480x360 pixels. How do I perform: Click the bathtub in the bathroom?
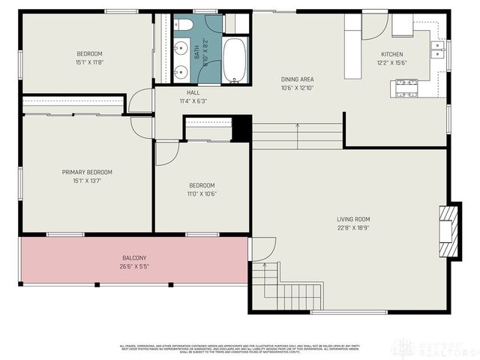point(234,60)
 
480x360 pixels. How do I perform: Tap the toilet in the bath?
point(184,25)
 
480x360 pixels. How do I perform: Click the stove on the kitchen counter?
point(407,88)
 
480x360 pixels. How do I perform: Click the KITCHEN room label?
point(391,55)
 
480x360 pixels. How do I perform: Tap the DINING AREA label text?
point(298,79)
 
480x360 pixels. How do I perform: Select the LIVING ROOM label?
point(353,219)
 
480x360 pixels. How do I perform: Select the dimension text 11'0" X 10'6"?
point(202,193)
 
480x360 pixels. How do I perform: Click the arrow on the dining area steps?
point(298,134)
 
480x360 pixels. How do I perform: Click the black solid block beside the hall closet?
point(241,127)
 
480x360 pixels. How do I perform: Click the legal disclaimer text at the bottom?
point(240,348)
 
